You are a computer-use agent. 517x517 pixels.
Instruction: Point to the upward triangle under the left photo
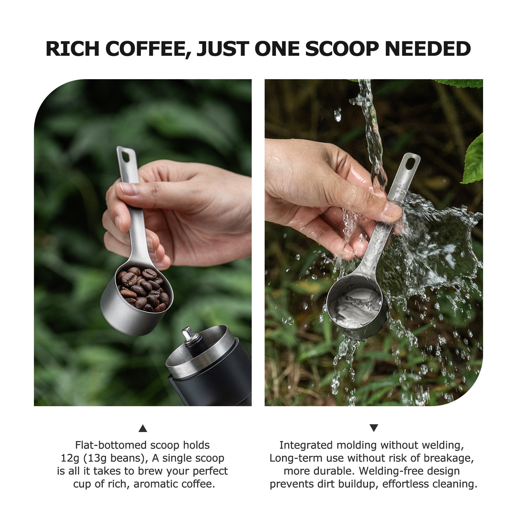click(x=143, y=428)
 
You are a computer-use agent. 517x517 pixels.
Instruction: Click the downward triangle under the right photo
click(x=374, y=428)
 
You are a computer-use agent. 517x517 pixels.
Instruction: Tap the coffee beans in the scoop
click(x=142, y=289)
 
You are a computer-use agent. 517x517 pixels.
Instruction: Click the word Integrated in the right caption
click(x=306, y=445)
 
